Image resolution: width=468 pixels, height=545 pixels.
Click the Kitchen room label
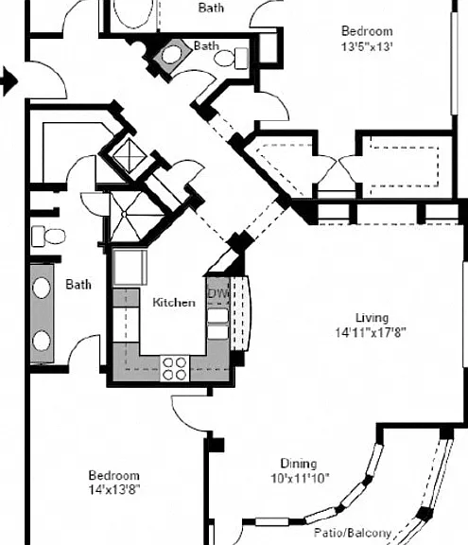174,302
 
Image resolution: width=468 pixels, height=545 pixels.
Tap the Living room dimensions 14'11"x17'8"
371,333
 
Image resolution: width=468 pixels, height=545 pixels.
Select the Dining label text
299,464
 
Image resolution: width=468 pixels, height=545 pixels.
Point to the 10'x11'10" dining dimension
300,479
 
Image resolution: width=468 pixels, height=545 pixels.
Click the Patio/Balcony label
353,533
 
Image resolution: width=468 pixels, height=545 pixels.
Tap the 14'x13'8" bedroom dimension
114,490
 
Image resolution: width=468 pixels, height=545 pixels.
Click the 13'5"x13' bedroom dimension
367,46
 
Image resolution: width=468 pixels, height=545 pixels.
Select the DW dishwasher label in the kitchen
218,293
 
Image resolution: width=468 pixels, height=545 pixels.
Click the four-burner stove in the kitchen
175,369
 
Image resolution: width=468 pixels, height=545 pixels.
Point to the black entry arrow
9,81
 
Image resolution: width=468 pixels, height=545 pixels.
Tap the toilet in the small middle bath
231,58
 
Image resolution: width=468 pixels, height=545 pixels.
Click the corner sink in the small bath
172,55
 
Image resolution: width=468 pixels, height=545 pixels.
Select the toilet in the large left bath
48,236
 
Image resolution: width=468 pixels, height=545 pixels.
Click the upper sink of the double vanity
42,288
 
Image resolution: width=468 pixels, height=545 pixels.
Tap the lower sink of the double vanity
42,341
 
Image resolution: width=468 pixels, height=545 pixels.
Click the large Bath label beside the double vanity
78,284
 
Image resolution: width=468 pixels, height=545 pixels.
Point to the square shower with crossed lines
130,155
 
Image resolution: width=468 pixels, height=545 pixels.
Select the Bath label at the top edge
211,8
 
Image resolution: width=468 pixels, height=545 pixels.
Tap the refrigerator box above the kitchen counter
130,267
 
